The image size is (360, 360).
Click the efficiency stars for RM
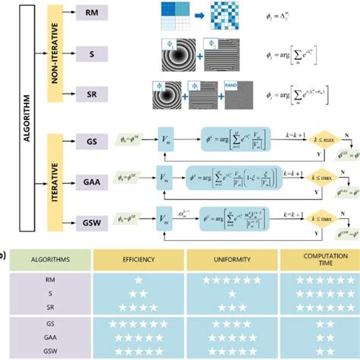[x=140, y=279]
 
